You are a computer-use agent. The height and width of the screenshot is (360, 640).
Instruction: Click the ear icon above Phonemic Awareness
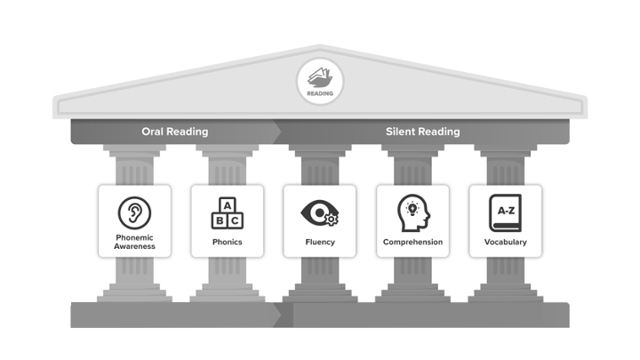point(135,212)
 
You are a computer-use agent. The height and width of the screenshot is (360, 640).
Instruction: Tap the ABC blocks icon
point(227,213)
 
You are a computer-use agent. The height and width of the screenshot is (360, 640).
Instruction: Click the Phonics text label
point(227,242)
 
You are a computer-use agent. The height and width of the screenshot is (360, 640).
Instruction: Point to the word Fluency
point(319,242)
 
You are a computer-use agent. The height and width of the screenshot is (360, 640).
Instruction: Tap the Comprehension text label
point(412,242)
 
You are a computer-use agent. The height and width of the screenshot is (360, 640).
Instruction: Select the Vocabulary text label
point(505,242)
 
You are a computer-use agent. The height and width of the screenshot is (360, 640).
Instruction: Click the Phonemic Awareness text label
point(135,243)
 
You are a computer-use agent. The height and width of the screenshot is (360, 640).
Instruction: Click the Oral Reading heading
point(175,132)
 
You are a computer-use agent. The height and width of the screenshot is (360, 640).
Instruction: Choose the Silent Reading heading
point(423,132)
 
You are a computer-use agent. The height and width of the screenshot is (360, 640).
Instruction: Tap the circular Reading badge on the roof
point(319,82)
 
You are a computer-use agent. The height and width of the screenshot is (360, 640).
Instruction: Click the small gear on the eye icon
point(332,219)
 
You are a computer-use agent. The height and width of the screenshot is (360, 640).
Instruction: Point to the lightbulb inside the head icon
point(412,208)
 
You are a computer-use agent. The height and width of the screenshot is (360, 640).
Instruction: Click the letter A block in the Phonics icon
point(227,204)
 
